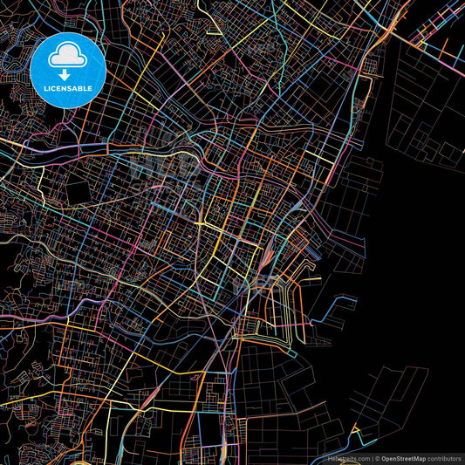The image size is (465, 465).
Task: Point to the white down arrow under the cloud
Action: pyautogui.click(x=67, y=74)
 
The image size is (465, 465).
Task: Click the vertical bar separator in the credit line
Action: pyautogui.click(x=372, y=458)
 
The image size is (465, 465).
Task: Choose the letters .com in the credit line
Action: pyautogui.click(x=361, y=458)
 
